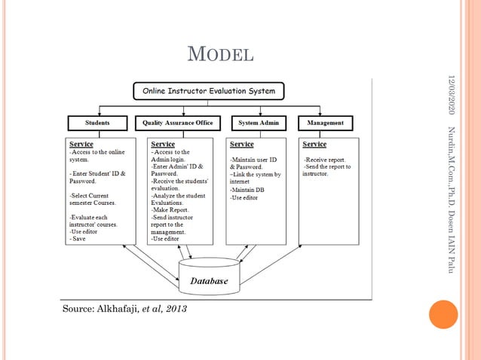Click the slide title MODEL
(x=219, y=54)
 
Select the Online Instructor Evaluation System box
(x=209, y=92)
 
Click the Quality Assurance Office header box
(x=178, y=122)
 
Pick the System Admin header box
(x=256, y=122)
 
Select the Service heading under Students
(x=81, y=143)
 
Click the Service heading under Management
(x=314, y=143)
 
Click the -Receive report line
(x=324, y=160)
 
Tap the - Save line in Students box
(x=78, y=239)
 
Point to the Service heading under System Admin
(x=242, y=143)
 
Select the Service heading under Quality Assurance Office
(x=163, y=143)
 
